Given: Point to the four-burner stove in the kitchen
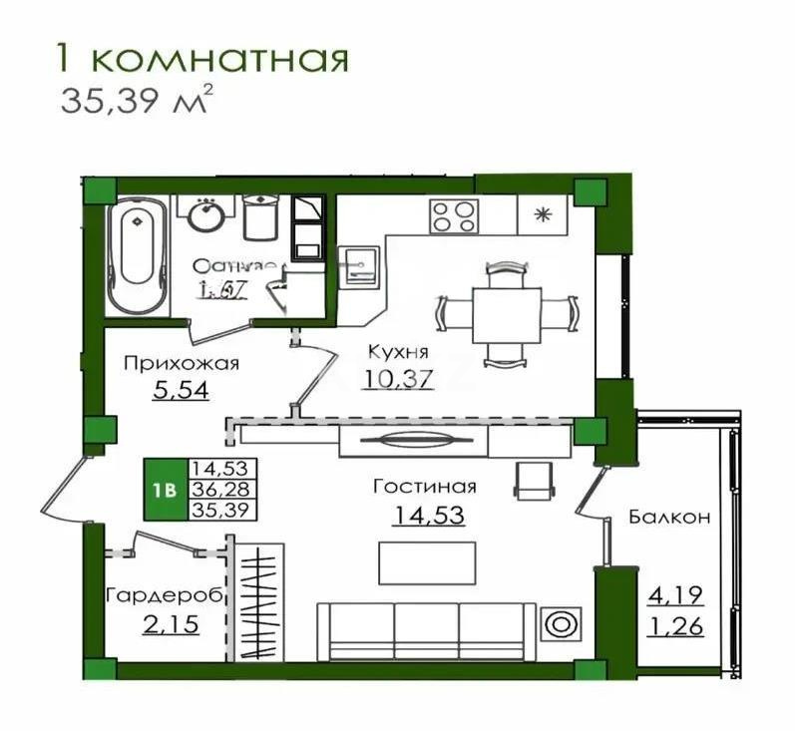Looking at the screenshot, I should coord(454,214).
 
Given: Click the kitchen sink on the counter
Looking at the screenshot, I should coord(359,265).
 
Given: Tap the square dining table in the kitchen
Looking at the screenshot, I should coord(506,314).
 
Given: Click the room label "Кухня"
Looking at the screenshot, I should coord(398,352).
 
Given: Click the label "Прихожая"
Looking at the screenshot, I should coord(181,363).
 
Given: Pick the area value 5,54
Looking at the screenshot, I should coord(181,390).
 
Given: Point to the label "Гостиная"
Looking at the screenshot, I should coord(424,487).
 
